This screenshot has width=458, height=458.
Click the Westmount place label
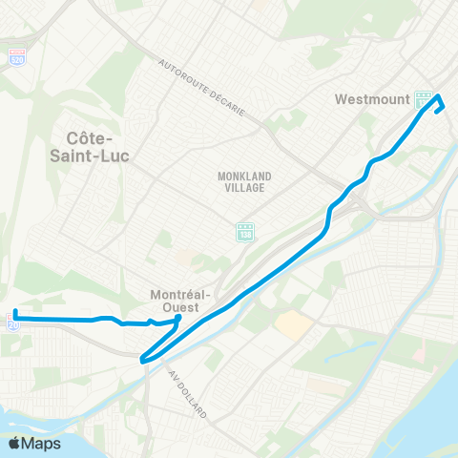(371, 98)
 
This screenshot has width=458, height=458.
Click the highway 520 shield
(18, 57)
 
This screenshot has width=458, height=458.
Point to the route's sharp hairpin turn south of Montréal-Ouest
(142, 360)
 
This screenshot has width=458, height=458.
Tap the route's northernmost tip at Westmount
(438, 96)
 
